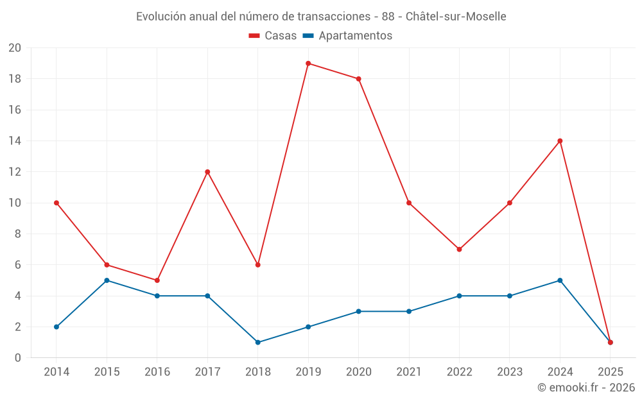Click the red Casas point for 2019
308,64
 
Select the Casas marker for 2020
358,79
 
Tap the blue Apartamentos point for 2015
107,280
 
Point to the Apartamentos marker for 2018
257,343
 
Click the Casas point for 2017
207,172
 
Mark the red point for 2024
560,141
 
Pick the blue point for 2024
560,280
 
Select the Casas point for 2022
459,250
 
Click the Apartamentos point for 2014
56,327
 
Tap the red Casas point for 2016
157,280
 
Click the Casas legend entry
273,36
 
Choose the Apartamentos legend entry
347,36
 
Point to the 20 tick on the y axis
15,48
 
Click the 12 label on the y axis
15,172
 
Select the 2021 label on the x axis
409,372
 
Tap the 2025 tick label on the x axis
610,372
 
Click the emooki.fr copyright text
586,388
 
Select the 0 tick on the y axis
18,358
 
